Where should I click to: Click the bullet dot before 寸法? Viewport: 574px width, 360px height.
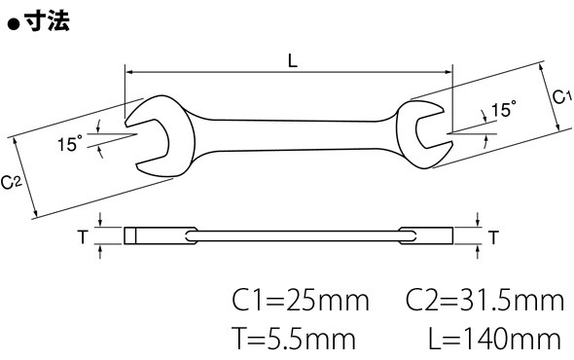point(14,24)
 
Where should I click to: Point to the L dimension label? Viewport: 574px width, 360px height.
point(293,60)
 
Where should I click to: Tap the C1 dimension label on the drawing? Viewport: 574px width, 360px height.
point(561,97)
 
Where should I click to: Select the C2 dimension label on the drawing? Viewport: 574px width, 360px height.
point(12,182)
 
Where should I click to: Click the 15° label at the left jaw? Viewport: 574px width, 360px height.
point(70,143)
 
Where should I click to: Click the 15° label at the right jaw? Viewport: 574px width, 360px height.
point(503,109)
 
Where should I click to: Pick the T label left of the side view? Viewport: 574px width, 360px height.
point(83,237)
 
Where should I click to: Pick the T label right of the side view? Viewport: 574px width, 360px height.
point(494,237)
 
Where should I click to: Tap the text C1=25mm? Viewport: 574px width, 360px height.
point(301,301)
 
